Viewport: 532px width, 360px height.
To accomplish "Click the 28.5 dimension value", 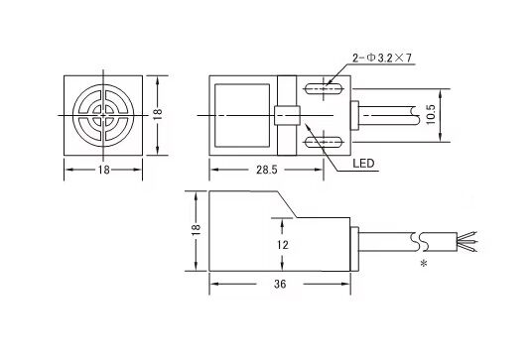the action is click(267, 170).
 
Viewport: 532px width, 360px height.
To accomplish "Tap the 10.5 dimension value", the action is click(431, 115).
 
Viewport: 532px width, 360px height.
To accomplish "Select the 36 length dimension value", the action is click(280, 284).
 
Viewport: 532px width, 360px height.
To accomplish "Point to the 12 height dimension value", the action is click(282, 244).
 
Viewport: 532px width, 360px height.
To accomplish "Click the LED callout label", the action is click(363, 164).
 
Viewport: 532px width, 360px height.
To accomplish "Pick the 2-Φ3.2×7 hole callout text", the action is click(382, 59).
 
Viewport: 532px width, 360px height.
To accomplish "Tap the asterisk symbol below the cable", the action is click(424, 263).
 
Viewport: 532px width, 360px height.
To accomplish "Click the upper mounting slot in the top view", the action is click(324, 89).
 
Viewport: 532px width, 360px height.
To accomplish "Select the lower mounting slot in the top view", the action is click(324, 142).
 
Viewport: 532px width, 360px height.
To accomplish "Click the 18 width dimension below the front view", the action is click(104, 170).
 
